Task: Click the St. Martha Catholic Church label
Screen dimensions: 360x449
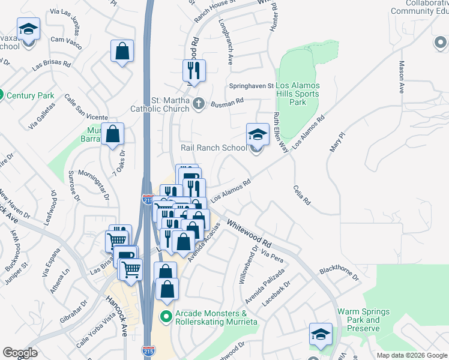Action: pyautogui.click(x=160, y=104)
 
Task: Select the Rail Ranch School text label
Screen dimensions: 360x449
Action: pyautogui.click(x=214, y=148)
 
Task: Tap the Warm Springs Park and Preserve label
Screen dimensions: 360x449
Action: pyautogui.click(x=363, y=320)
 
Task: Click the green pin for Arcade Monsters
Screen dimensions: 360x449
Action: pyautogui.click(x=167, y=314)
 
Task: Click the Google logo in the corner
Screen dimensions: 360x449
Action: pyautogui.click(x=20, y=353)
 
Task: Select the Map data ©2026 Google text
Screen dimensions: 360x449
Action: pyautogui.click(x=411, y=355)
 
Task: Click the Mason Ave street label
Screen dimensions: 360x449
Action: pyautogui.click(x=401, y=77)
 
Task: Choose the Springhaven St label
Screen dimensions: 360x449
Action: pyautogui.click(x=251, y=86)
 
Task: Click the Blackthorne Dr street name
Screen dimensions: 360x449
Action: pyautogui.click(x=339, y=273)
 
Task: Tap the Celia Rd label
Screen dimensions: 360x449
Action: pyautogui.click(x=301, y=196)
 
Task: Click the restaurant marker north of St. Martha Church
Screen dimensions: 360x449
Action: pyautogui.click(x=194, y=71)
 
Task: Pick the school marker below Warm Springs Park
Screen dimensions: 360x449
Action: pyautogui.click(x=321, y=334)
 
